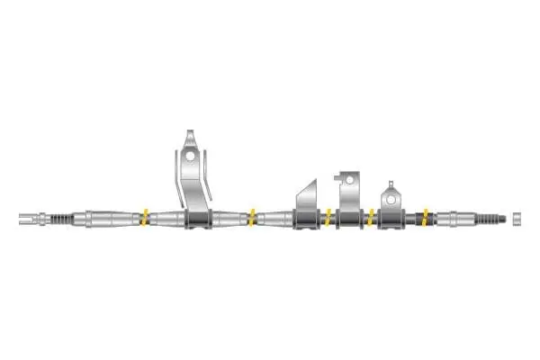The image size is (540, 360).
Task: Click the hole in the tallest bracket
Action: coord(190,154)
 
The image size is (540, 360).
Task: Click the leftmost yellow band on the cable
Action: coord(143,216)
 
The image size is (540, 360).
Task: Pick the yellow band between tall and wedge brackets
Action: coord(253,216)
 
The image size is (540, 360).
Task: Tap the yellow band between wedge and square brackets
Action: coord(328,216)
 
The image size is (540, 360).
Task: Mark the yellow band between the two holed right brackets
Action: coord(371,216)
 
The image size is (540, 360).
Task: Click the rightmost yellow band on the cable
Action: coord(425,216)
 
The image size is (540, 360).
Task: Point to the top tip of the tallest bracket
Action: coord(190,133)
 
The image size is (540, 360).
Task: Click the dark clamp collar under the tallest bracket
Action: coord(198,218)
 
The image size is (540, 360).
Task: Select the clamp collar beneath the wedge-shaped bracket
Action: coord(305,219)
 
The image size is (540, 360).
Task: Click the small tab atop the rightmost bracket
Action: coord(390,184)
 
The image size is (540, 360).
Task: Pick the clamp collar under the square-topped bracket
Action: coord(349,219)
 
